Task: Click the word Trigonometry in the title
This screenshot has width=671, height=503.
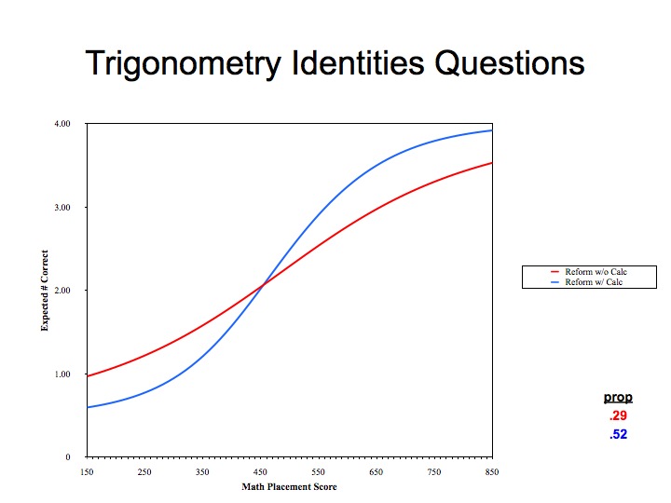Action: click(x=184, y=64)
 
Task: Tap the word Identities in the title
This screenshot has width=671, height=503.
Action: click(x=358, y=62)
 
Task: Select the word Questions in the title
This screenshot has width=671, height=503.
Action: click(x=510, y=63)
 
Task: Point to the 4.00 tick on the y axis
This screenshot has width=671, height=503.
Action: click(x=62, y=124)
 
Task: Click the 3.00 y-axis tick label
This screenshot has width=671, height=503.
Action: click(x=62, y=208)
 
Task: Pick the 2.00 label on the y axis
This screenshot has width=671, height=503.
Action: click(x=62, y=291)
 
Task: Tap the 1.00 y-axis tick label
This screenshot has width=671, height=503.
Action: click(x=62, y=374)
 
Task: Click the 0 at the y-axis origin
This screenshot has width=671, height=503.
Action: click(x=68, y=457)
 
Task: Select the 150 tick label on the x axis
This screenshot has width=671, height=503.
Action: click(x=87, y=471)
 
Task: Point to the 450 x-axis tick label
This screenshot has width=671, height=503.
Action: click(x=260, y=471)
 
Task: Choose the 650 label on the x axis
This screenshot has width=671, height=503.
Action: click(x=377, y=471)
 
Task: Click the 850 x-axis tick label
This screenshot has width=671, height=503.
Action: click(x=492, y=471)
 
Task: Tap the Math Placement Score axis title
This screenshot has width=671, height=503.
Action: click(x=289, y=487)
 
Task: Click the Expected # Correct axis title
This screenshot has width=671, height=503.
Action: click(x=45, y=291)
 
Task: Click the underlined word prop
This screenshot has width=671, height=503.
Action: click(x=618, y=398)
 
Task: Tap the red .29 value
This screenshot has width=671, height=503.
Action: click(x=619, y=415)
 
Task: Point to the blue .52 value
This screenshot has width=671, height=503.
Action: click(x=619, y=434)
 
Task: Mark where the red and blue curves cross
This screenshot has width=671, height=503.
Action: click(x=263, y=284)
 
